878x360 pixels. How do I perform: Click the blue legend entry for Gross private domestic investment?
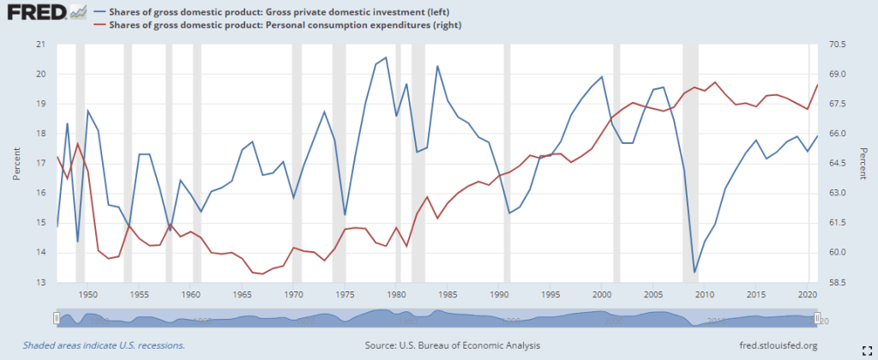coord(274,11)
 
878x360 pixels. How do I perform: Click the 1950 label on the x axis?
coord(88,294)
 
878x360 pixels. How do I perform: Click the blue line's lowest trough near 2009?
coord(695,273)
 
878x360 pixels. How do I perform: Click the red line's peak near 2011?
coord(715,82)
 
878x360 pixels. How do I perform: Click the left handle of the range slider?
coord(57,318)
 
